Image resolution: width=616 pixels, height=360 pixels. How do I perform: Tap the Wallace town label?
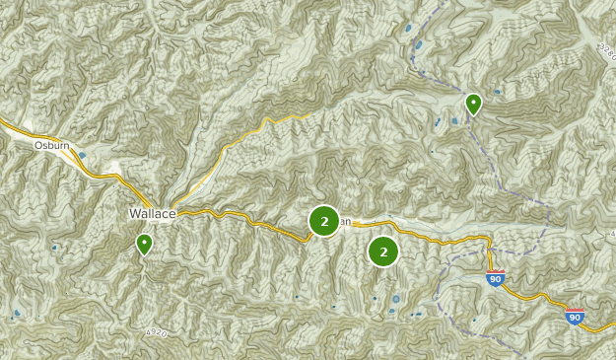(x=151, y=213)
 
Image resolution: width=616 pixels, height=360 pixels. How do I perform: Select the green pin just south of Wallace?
(x=145, y=243)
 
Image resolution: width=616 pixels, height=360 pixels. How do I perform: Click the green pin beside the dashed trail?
(x=473, y=103)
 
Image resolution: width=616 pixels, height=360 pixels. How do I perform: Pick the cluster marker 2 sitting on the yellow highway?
(x=324, y=221)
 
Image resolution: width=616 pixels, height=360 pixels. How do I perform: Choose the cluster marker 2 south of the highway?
(x=383, y=252)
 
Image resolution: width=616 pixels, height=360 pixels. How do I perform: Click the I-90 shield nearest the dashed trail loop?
(x=495, y=279)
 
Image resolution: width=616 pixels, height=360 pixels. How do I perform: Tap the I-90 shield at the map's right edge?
(x=575, y=318)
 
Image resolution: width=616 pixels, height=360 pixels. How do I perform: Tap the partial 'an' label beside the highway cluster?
(x=345, y=221)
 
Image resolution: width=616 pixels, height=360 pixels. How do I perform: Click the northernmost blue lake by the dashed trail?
(x=408, y=29)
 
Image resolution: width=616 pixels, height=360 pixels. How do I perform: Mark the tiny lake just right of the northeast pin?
(x=497, y=93)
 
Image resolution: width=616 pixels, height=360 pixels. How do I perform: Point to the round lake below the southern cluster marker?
(x=396, y=299)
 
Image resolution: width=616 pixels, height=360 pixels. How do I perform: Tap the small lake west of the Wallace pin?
(x=54, y=248)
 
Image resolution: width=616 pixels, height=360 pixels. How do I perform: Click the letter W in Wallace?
(x=134, y=213)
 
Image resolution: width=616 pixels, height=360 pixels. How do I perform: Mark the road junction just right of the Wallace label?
(x=177, y=213)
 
